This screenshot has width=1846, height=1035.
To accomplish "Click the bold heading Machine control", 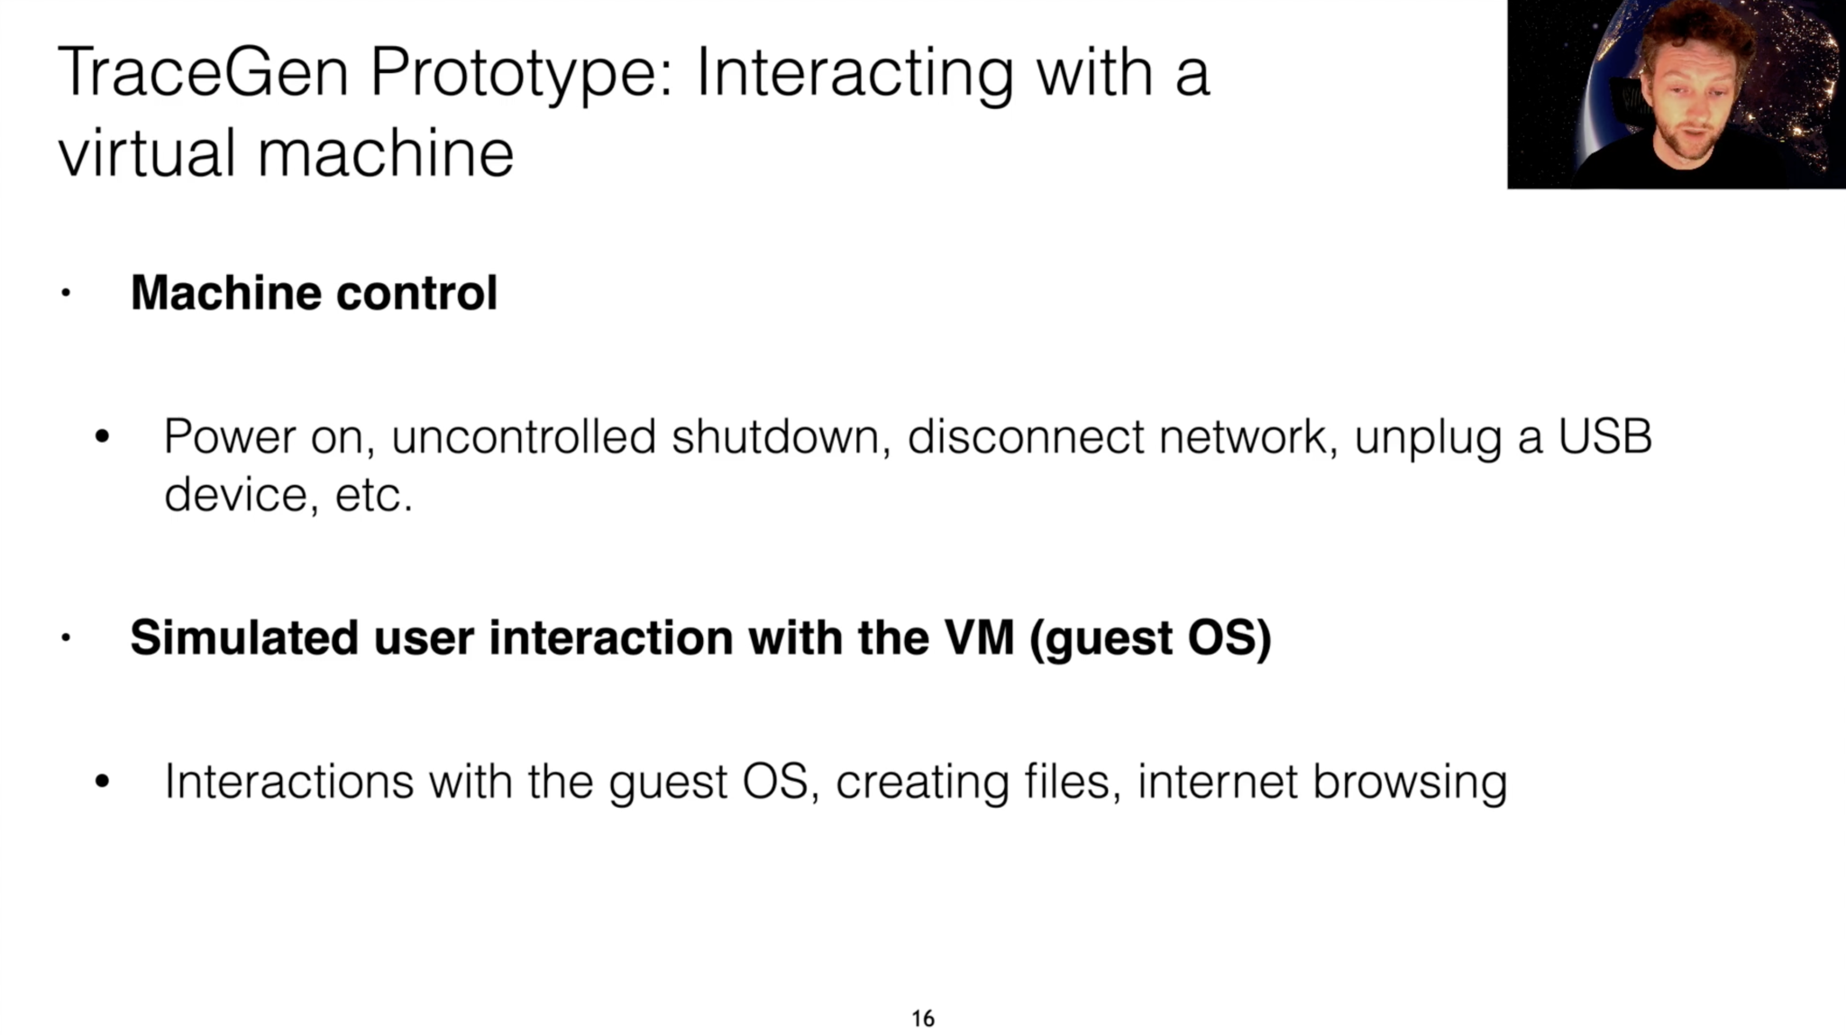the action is (314, 292).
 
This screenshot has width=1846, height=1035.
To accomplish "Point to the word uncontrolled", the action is (524, 436).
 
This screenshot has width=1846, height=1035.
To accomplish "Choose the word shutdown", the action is (781, 436).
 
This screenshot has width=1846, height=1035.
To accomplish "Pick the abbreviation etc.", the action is (374, 495).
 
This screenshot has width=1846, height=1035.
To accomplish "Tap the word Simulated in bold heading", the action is (244, 637).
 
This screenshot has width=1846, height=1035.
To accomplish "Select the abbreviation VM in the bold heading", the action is (979, 637).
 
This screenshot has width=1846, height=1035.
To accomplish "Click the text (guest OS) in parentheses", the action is (1150, 638).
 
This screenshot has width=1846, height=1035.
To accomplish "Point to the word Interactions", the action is (288, 781).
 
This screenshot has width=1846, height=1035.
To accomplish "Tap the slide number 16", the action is (923, 1019).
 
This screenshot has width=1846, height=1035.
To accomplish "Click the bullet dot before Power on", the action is (102, 437).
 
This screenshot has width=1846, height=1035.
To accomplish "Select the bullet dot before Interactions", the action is (102, 782).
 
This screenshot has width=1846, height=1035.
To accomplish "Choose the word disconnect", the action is (1026, 436).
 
